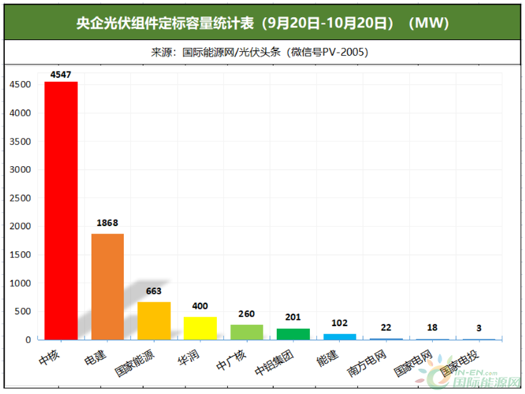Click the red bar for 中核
(61, 210)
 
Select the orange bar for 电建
(107, 286)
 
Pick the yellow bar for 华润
(200, 328)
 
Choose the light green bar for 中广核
(247, 332)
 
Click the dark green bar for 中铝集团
(292, 334)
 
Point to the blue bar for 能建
(339, 336)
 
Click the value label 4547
(61, 75)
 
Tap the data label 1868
(107, 223)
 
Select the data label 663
(154, 292)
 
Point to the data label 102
(339, 323)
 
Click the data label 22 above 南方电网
(385, 328)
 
